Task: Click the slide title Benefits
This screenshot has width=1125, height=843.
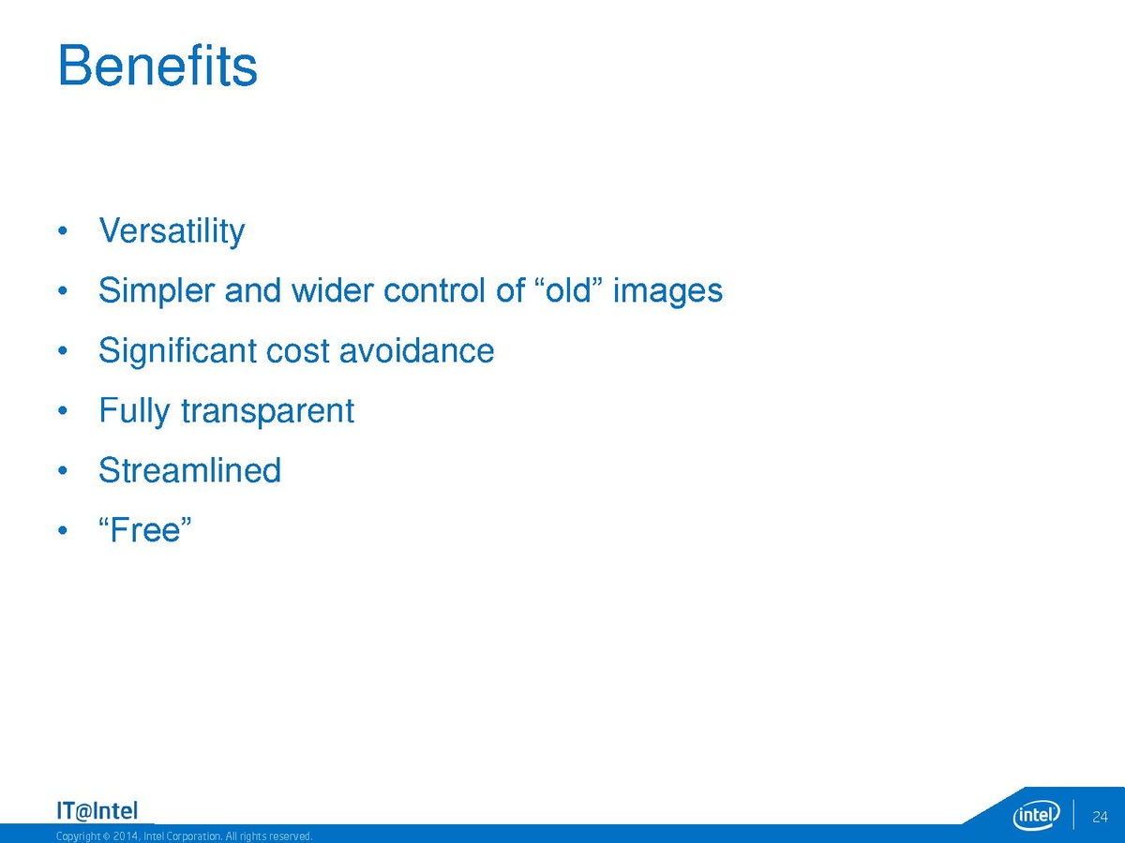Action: click(157, 66)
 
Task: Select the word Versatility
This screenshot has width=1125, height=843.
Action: click(172, 231)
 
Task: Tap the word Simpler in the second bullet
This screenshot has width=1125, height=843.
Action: click(157, 291)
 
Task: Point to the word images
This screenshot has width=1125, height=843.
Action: click(667, 291)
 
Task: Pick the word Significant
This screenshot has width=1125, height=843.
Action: click(178, 351)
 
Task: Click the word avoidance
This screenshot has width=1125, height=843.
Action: click(416, 350)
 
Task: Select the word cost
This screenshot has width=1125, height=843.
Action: click(297, 352)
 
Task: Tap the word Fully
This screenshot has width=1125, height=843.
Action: click(134, 411)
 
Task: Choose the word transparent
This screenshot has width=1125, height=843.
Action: click(267, 412)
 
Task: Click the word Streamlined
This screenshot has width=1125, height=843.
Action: click(189, 470)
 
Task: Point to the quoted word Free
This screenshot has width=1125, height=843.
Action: click(145, 529)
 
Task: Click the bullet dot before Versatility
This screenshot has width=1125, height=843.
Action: click(63, 231)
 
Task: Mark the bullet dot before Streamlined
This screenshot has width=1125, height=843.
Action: click(63, 470)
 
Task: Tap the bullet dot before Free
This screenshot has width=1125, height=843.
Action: click(63, 530)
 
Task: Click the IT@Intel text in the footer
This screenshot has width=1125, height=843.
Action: click(97, 811)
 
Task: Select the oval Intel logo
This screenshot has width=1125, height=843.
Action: click(1036, 815)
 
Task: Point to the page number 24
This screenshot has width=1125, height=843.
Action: click(1100, 817)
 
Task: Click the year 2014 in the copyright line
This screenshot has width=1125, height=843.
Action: click(124, 836)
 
